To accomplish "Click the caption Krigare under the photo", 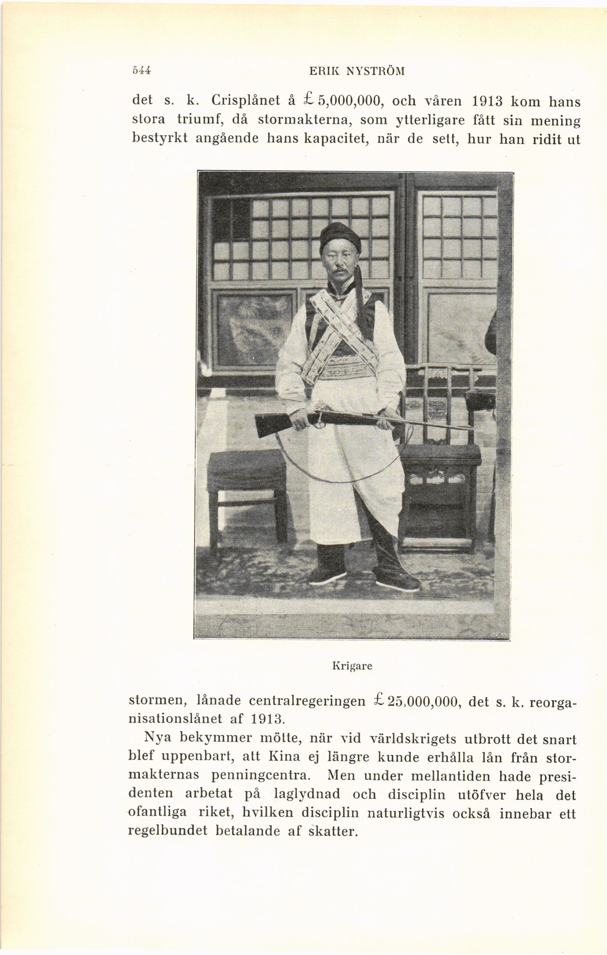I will tap(352, 666).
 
